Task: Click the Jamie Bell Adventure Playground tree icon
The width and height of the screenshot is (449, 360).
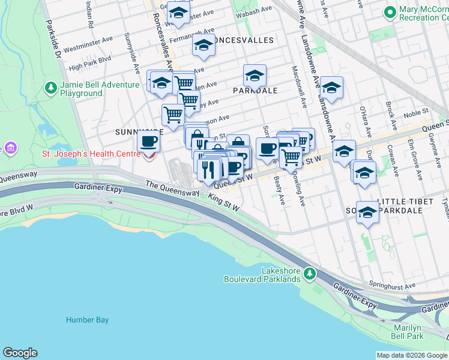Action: tap(51, 89)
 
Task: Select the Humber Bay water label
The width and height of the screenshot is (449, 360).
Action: tap(88, 320)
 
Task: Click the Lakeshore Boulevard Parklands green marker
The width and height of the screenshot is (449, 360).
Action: tap(309, 274)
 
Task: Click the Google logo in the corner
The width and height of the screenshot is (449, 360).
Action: tap(20, 353)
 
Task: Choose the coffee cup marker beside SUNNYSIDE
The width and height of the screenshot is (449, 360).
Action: tap(148, 143)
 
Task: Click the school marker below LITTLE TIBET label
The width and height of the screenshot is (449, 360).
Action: tap(367, 213)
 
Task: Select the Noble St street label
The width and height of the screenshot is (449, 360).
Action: tap(415, 112)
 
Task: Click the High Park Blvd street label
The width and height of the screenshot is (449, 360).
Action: tap(90, 59)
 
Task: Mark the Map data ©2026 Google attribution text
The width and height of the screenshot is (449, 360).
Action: tap(411, 355)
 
